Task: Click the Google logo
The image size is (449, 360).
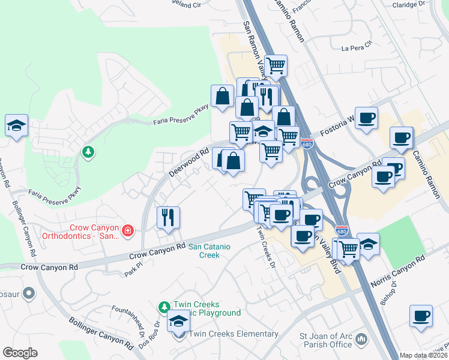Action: click(20, 353)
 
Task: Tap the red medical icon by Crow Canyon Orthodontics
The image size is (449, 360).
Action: click(127, 230)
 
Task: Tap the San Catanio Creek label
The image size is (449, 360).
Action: click(203, 250)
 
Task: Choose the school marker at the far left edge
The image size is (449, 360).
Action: click(16, 126)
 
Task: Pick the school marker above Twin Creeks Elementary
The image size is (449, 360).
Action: click(178, 323)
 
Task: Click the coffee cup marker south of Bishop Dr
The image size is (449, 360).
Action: click(421, 316)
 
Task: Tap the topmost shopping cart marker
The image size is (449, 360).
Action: click(276, 65)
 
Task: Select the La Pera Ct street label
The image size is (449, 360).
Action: click(357, 46)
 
